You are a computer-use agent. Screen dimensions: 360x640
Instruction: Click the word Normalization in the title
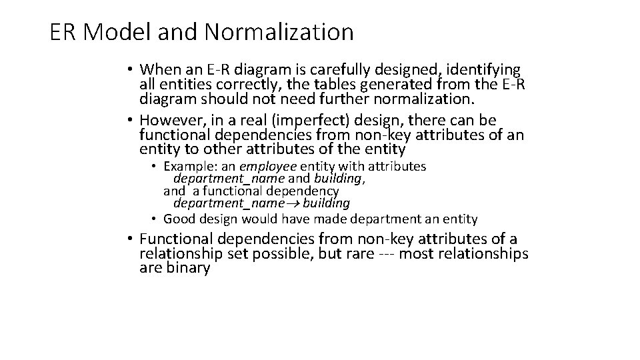[279, 31]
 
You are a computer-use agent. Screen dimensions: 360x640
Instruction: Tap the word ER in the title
[61, 31]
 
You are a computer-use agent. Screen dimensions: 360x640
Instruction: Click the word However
[173, 120]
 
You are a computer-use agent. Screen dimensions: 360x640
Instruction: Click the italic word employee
[269, 166]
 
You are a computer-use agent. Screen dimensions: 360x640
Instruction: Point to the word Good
[178, 218]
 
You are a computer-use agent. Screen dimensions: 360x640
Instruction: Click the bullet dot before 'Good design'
[153, 218]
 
